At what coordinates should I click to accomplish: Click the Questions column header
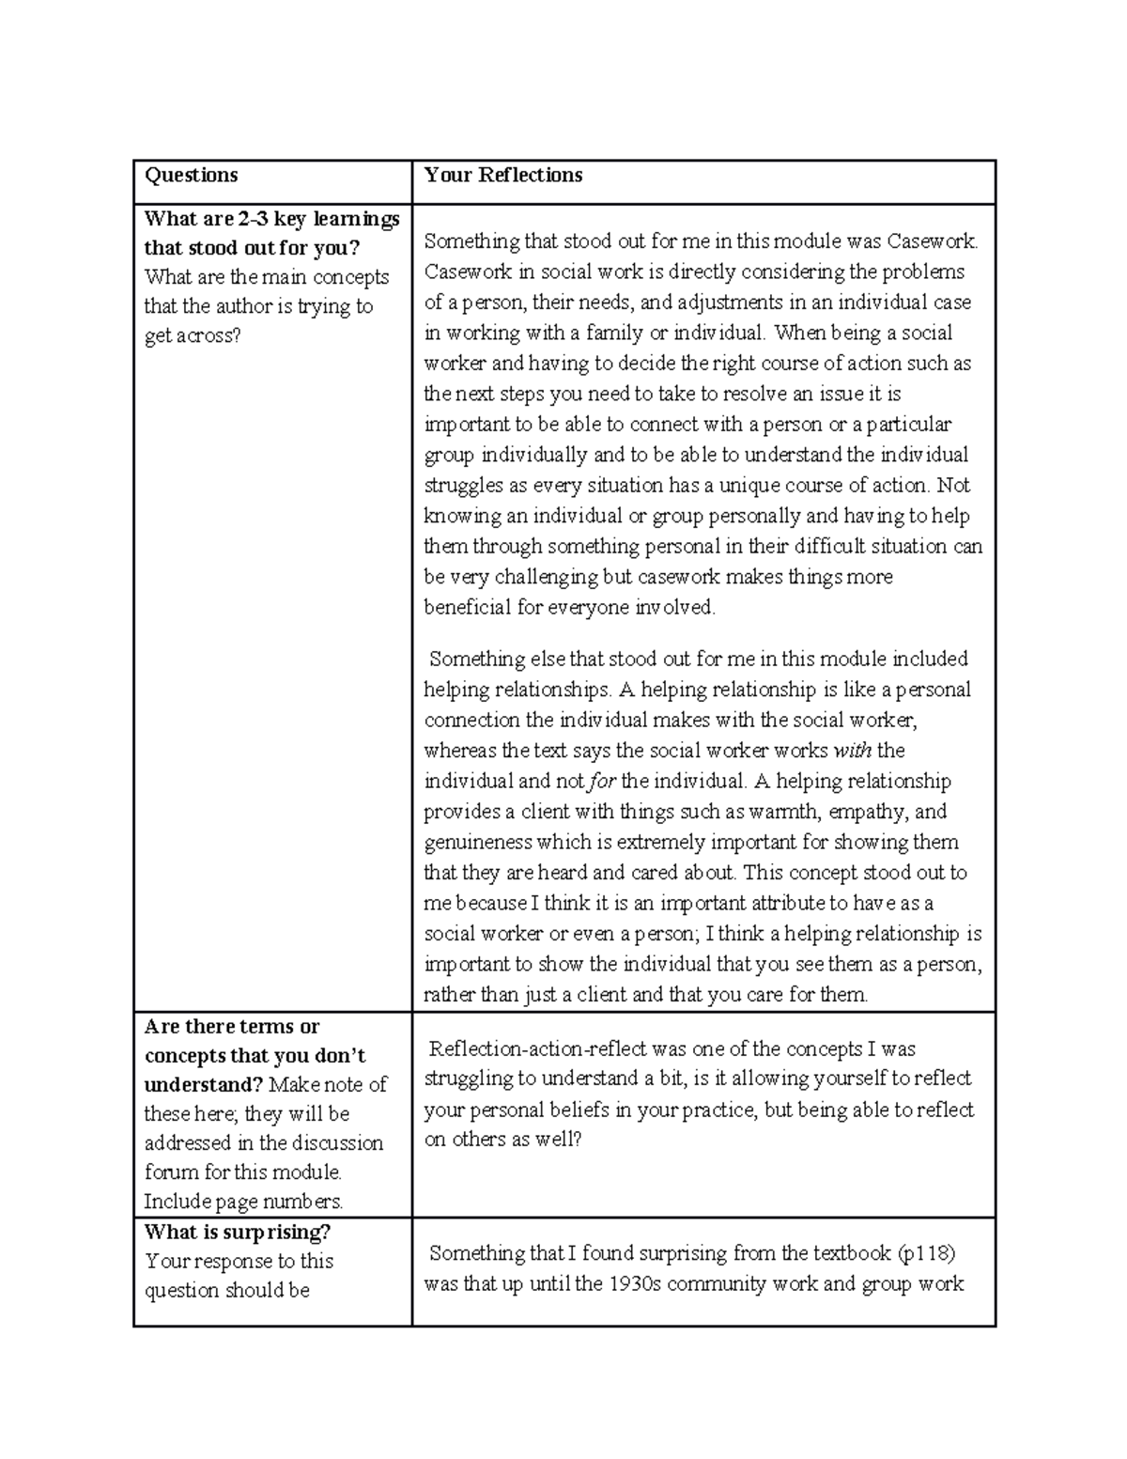coord(191,176)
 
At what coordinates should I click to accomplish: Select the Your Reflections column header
coord(502,176)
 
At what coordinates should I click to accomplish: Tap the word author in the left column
coord(244,306)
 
